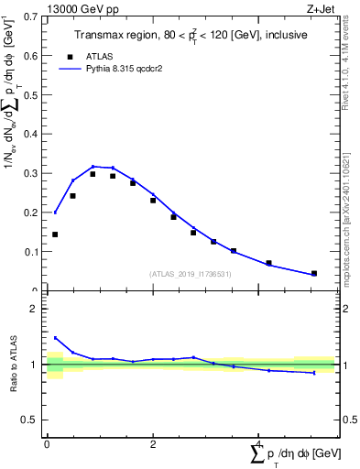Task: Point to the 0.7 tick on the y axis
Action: [35, 16]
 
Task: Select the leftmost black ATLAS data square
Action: [55, 234]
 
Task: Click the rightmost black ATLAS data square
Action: [314, 273]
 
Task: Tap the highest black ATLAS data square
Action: [93, 173]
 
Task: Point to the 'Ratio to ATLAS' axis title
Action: [13, 364]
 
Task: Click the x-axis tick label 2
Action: [153, 444]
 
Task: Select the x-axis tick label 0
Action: [47, 444]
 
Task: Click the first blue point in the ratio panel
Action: [55, 338]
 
